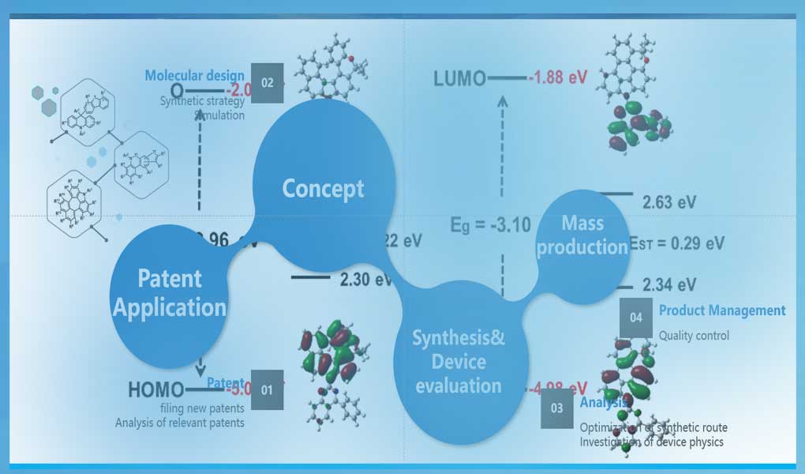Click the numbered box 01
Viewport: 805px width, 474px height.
[267, 389]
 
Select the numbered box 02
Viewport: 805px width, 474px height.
[267, 82]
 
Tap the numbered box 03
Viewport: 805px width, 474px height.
[557, 409]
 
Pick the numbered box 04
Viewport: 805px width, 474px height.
[636, 317]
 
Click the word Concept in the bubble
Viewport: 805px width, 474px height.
[324, 189]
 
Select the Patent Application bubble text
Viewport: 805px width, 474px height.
[170, 292]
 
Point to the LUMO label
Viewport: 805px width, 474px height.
[459, 78]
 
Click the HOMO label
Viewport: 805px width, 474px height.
[155, 389]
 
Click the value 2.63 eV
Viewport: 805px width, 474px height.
[669, 202]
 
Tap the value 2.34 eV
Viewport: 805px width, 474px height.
[669, 284]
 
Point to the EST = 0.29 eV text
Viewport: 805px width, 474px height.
[676, 243]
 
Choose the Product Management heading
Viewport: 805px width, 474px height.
[722, 310]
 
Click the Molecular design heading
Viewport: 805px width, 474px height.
[194, 76]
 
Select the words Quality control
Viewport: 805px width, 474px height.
[694, 335]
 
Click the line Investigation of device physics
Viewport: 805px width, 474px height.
[651, 442]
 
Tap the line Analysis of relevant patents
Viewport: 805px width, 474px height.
[179, 422]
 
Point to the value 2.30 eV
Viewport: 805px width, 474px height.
[365, 279]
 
